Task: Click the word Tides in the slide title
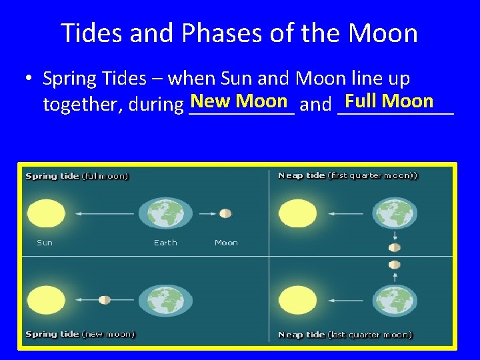tap(91, 33)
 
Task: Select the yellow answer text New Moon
tap(239, 101)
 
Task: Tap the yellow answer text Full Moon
tap(389, 101)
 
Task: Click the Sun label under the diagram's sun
tap(45, 243)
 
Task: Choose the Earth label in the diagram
tap(165, 243)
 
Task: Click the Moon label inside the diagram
tap(226, 243)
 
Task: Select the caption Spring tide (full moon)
tap(77, 177)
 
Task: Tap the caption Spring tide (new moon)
tap(80, 333)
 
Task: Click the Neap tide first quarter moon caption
tap(347, 175)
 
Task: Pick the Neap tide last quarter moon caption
tap(345, 335)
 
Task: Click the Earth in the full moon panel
tap(165, 213)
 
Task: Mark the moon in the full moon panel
tap(225, 213)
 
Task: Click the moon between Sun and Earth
tap(104, 300)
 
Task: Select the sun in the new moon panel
tap(45, 299)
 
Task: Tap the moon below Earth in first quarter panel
tap(395, 247)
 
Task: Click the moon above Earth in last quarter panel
tap(395, 265)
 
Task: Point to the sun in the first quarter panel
tap(297, 213)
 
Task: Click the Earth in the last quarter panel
tap(394, 300)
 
